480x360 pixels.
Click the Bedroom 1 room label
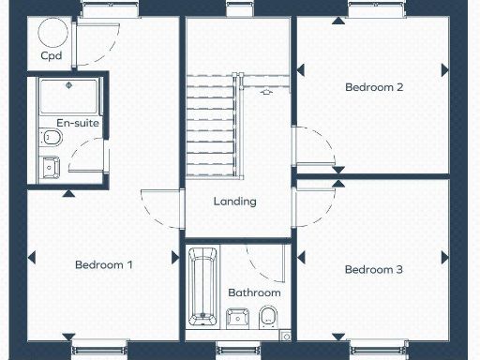click(x=103, y=265)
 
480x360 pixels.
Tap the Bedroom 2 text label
click(x=374, y=87)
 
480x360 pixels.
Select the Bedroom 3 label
click(x=374, y=270)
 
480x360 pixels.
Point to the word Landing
click(x=234, y=202)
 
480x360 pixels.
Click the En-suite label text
click(x=78, y=123)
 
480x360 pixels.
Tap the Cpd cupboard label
click(x=52, y=55)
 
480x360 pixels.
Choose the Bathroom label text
click(x=254, y=292)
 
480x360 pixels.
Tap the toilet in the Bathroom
click(x=269, y=315)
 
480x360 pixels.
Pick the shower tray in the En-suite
click(x=69, y=97)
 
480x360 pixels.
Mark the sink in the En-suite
click(x=50, y=168)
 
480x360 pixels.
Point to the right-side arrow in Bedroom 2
click(x=444, y=69)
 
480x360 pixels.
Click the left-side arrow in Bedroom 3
click(x=302, y=256)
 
